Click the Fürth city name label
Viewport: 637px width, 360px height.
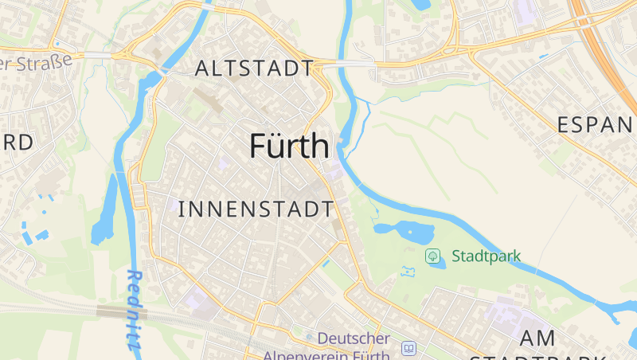pyautogui.click(x=289, y=147)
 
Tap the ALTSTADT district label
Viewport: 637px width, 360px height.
pyautogui.click(x=253, y=68)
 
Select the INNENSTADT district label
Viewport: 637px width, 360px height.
pyautogui.click(x=256, y=209)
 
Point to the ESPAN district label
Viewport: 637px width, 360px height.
pyautogui.click(x=596, y=125)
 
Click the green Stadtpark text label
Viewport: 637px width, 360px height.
pyautogui.click(x=486, y=256)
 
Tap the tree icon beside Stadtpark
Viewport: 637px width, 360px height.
pyautogui.click(x=433, y=256)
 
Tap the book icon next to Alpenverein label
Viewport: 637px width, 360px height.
pyautogui.click(x=409, y=349)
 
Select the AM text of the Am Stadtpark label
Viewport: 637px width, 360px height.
pyautogui.click(x=537, y=338)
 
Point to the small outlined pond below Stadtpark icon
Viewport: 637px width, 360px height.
pyautogui.click(x=409, y=272)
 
